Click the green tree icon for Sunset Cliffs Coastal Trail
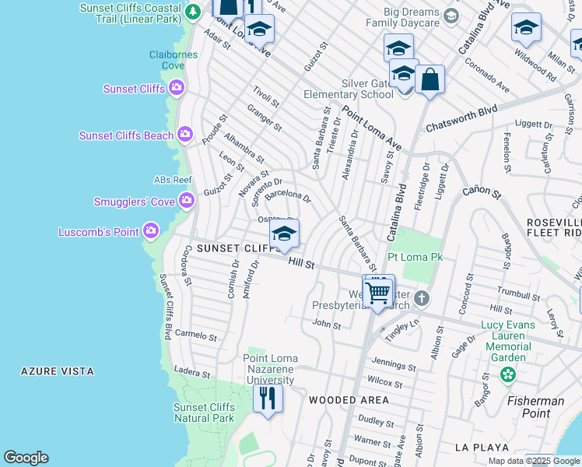click(192, 12)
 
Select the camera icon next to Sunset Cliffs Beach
click(185, 135)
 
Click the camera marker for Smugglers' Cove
click(187, 202)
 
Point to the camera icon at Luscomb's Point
click(151, 231)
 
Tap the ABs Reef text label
click(173, 180)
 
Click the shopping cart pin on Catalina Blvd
click(378, 293)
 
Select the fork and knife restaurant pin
click(267, 398)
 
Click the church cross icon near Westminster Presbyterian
click(421, 298)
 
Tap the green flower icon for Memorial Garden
click(508, 375)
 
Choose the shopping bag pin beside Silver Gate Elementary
click(429, 79)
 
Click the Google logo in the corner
click(26, 458)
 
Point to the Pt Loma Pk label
click(415, 256)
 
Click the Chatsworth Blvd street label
click(461, 118)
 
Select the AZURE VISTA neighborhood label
click(58, 372)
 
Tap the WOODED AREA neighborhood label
click(349, 400)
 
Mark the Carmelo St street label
click(196, 335)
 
